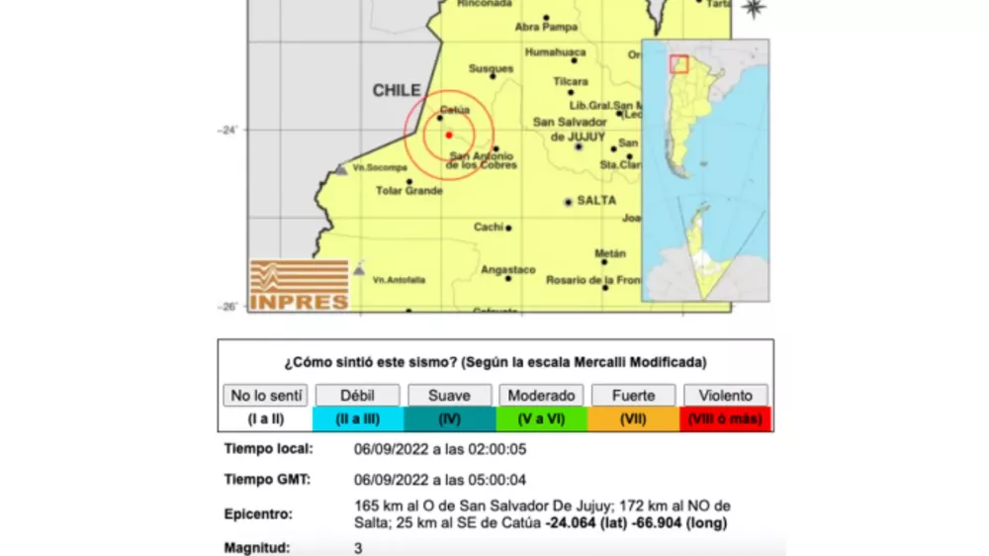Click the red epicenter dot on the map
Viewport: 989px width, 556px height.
tap(449, 135)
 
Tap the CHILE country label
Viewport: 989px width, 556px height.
tap(396, 91)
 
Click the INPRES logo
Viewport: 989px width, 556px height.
tap(299, 286)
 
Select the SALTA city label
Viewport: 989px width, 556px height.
tap(597, 201)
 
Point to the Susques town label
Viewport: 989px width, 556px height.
tap(491, 69)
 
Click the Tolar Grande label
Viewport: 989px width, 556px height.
tap(408, 190)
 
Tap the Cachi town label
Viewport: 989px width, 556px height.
tap(489, 227)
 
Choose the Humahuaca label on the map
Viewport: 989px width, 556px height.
tap(556, 52)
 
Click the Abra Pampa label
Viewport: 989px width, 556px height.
tap(546, 28)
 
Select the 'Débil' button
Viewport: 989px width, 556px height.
tap(357, 396)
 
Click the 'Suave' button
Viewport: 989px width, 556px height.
tap(449, 396)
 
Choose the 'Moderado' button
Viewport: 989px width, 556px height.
tap(541, 396)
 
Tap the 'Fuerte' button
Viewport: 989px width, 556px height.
tap(633, 396)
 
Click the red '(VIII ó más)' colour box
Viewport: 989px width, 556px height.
tap(725, 418)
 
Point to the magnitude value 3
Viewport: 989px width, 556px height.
tap(358, 547)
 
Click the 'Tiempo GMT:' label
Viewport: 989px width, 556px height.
tap(269, 480)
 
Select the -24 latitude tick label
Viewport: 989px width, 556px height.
tap(227, 130)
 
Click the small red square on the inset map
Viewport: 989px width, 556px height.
tap(678, 63)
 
